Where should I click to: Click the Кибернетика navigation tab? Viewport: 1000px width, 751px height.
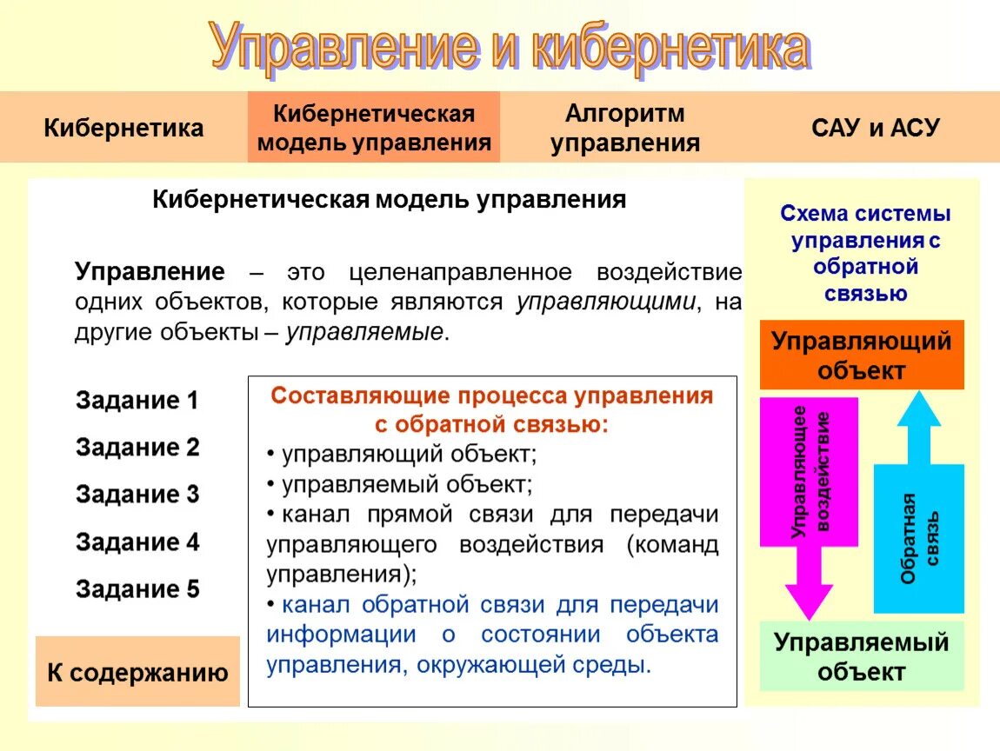(x=123, y=128)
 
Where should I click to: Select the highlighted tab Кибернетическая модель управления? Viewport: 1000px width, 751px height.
(x=374, y=128)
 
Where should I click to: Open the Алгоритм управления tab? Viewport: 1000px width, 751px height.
(x=624, y=128)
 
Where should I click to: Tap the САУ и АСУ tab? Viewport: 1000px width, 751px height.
(x=875, y=128)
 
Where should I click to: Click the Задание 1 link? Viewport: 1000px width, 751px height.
(x=137, y=401)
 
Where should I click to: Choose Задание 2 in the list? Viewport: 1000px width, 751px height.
(x=137, y=448)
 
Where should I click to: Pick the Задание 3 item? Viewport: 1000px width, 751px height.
(x=137, y=495)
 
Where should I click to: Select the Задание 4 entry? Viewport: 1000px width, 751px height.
(x=137, y=542)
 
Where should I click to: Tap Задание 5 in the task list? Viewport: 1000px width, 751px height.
(x=137, y=589)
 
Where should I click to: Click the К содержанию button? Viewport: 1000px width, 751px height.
(x=137, y=672)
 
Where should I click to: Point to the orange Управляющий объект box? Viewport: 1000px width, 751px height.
(x=861, y=355)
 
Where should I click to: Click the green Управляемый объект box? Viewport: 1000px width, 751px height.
(x=861, y=656)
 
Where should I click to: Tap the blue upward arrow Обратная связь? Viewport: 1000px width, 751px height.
(x=918, y=522)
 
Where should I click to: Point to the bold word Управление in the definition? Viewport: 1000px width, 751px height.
(x=150, y=271)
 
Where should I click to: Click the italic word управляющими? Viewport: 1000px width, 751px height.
(x=606, y=302)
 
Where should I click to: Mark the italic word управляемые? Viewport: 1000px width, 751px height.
(x=364, y=332)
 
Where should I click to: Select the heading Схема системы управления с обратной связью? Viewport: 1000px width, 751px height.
(x=864, y=253)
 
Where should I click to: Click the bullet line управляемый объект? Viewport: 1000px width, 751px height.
(x=400, y=483)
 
